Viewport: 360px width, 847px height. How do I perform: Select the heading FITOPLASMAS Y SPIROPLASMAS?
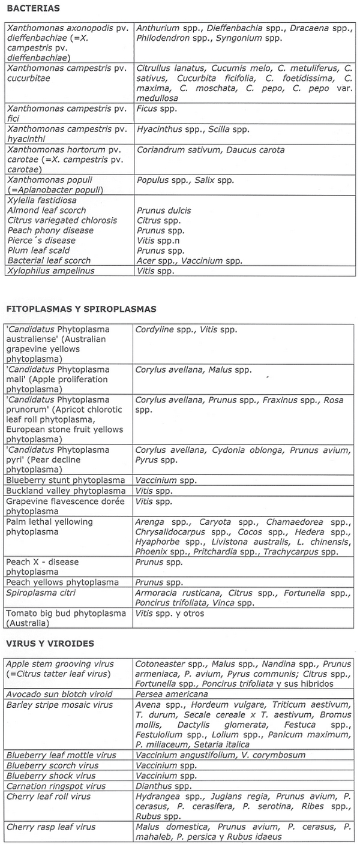(x=81, y=309)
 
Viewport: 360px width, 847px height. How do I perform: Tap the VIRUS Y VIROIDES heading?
(x=50, y=643)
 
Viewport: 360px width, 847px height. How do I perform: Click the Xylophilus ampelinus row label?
(x=51, y=271)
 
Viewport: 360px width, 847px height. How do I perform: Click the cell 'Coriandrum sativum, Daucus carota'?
(x=210, y=150)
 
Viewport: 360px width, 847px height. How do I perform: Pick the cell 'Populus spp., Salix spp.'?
(x=185, y=180)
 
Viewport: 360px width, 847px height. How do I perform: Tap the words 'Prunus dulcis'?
(x=164, y=211)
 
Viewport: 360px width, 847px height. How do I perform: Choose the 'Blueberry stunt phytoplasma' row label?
(x=65, y=480)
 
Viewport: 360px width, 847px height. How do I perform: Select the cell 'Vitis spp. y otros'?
(x=170, y=613)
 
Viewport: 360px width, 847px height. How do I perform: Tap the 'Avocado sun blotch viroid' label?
(x=58, y=693)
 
